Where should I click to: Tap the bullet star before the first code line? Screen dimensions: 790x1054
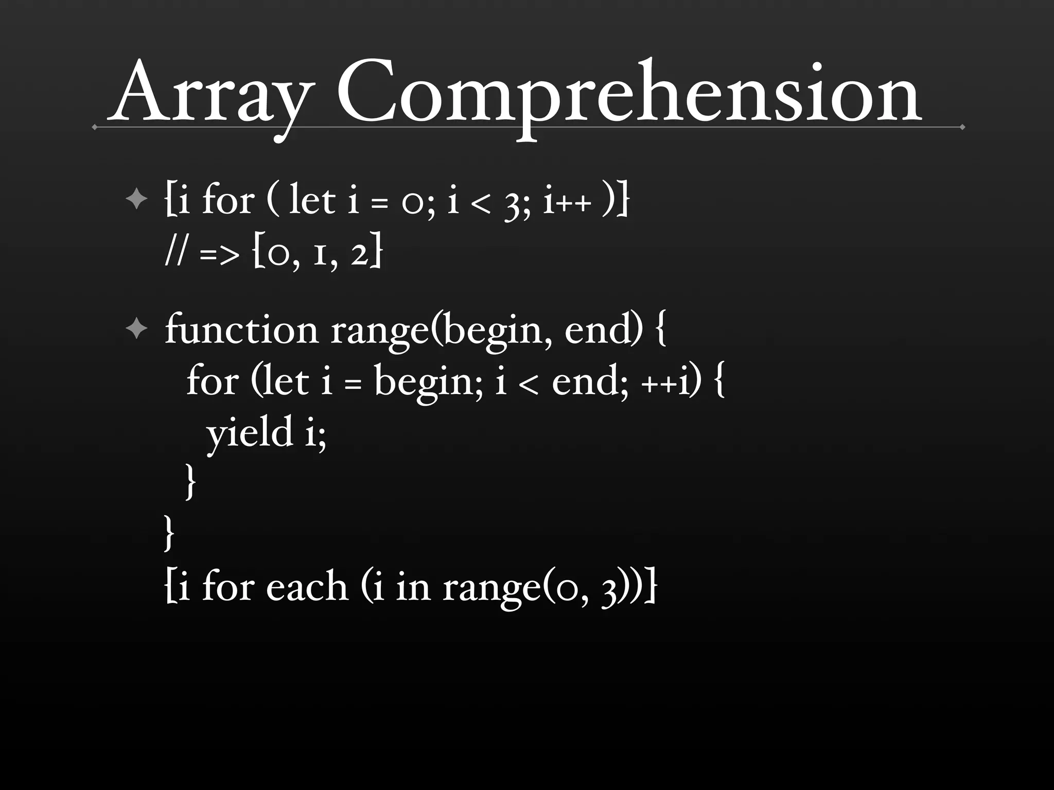136,199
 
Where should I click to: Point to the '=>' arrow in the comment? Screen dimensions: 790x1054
219,254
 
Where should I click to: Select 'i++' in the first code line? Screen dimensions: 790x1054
567,201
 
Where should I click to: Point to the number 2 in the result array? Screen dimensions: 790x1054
361,253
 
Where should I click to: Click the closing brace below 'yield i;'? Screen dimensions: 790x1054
190,481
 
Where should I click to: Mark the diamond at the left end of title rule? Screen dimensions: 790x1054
94,127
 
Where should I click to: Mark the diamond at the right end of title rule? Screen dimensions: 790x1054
962,127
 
